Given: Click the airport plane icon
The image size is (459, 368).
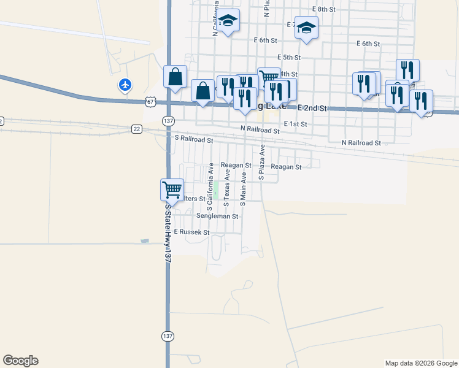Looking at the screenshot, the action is pyautogui.click(x=125, y=85).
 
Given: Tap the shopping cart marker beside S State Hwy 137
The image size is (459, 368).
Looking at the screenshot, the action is pyautogui.click(x=172, y=189).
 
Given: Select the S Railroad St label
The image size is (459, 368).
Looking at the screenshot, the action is pyautogui.click(x=194, y=140).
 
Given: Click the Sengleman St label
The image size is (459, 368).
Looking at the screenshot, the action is pyautogui.click(x=217, y=216).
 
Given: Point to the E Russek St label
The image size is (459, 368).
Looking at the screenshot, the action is pyautogui.click(x=191, y=232).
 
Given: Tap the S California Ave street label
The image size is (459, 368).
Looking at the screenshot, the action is pyautogui.click(x=210, y=183).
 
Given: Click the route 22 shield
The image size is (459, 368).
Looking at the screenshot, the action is pyautogui.click(x=136, y=128).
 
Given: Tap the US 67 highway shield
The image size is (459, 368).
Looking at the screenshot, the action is pyautogui.click(x=151, y=100).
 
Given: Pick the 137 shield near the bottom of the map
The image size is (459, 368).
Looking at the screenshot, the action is pyautogui.click(x=168, y=336).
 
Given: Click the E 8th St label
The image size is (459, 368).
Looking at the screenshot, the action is pyautogui.click(x=323, y=9).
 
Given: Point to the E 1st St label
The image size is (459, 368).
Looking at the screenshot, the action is pyautogui.click(x=294, y=124).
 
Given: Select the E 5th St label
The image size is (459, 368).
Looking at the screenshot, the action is pyautogui.click(x=288, y=57).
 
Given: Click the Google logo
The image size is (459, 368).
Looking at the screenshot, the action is pyautogui.click(x=20, y=361).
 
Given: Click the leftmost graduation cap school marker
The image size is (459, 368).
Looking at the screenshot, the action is pyautogui.click(x=228, y=21).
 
